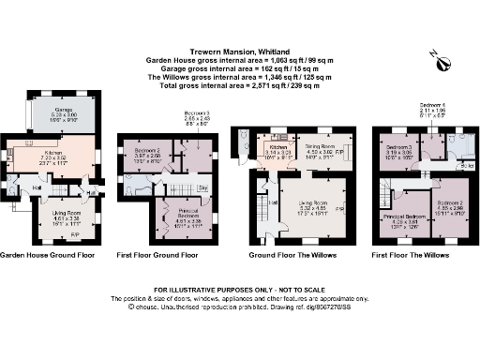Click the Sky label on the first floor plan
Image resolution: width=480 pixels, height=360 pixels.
[x=202, y=187]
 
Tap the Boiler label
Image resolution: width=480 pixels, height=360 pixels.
[x=466, y=167]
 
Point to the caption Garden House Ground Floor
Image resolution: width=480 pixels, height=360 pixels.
[x=46, y=255]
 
